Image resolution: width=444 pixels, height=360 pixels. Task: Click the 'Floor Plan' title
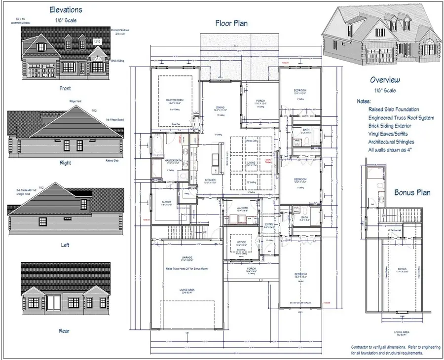click(231, 23)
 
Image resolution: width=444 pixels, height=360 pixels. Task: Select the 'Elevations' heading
click(66, 9)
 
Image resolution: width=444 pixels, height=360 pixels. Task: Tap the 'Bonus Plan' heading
click(412, 193)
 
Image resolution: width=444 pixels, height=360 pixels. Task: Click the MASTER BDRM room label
click(174, 100)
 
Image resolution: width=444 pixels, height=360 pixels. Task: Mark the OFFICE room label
click(241, 242)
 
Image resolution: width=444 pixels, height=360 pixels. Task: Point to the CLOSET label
click(166, 202)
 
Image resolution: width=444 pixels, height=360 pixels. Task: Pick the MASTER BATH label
click(174, 160)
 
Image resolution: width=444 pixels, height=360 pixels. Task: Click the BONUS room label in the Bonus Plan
click(403, 269)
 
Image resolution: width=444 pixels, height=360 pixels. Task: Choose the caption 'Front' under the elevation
click(65, 89)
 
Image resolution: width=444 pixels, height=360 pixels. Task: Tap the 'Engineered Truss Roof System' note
click(401, 118)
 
